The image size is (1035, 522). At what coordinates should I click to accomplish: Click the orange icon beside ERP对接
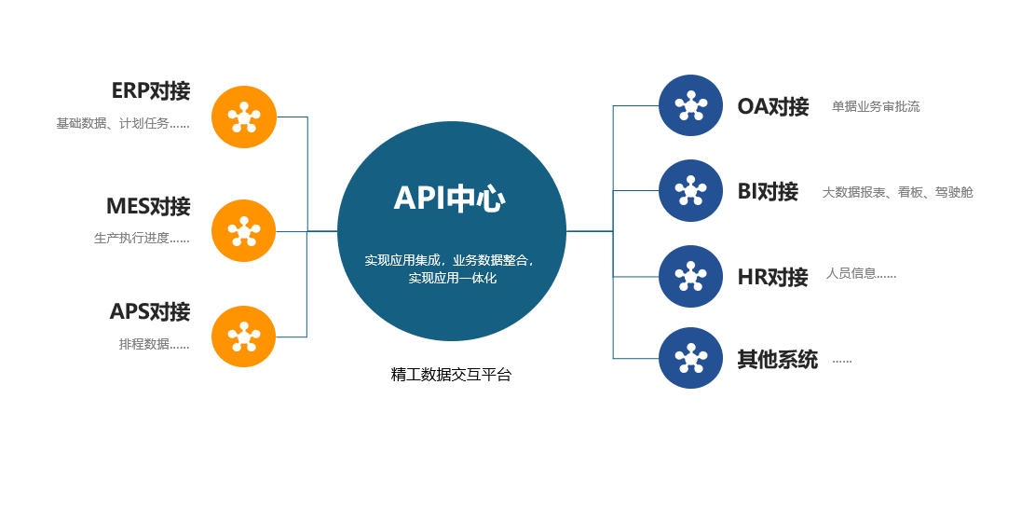coord(243,117)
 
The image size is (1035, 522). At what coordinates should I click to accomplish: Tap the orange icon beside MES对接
coord(243,230)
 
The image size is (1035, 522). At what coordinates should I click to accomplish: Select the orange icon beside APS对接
coord(243,336)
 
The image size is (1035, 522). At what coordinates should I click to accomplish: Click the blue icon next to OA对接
coord(690,105)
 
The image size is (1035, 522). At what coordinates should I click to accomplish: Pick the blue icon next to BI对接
coord(690,190)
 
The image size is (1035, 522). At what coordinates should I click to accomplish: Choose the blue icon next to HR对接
coord(690,276)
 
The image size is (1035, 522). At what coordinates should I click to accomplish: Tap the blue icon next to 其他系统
coord(690,358)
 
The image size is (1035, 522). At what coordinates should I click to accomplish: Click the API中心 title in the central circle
coord(449,199)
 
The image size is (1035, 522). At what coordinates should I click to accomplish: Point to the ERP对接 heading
coord(150,91)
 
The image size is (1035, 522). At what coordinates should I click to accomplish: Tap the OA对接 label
coord(772,106)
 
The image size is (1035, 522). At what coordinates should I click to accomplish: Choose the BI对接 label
coord(768,192)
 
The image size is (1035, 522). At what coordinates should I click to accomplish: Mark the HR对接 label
coord(772,277)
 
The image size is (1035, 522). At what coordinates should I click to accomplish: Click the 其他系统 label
coord(777,359)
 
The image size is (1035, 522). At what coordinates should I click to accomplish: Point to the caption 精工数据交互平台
coord(451,375)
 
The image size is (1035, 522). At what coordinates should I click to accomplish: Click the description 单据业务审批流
coord(876,107)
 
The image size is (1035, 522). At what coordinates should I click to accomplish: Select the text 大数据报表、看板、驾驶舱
coord(897,193)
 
